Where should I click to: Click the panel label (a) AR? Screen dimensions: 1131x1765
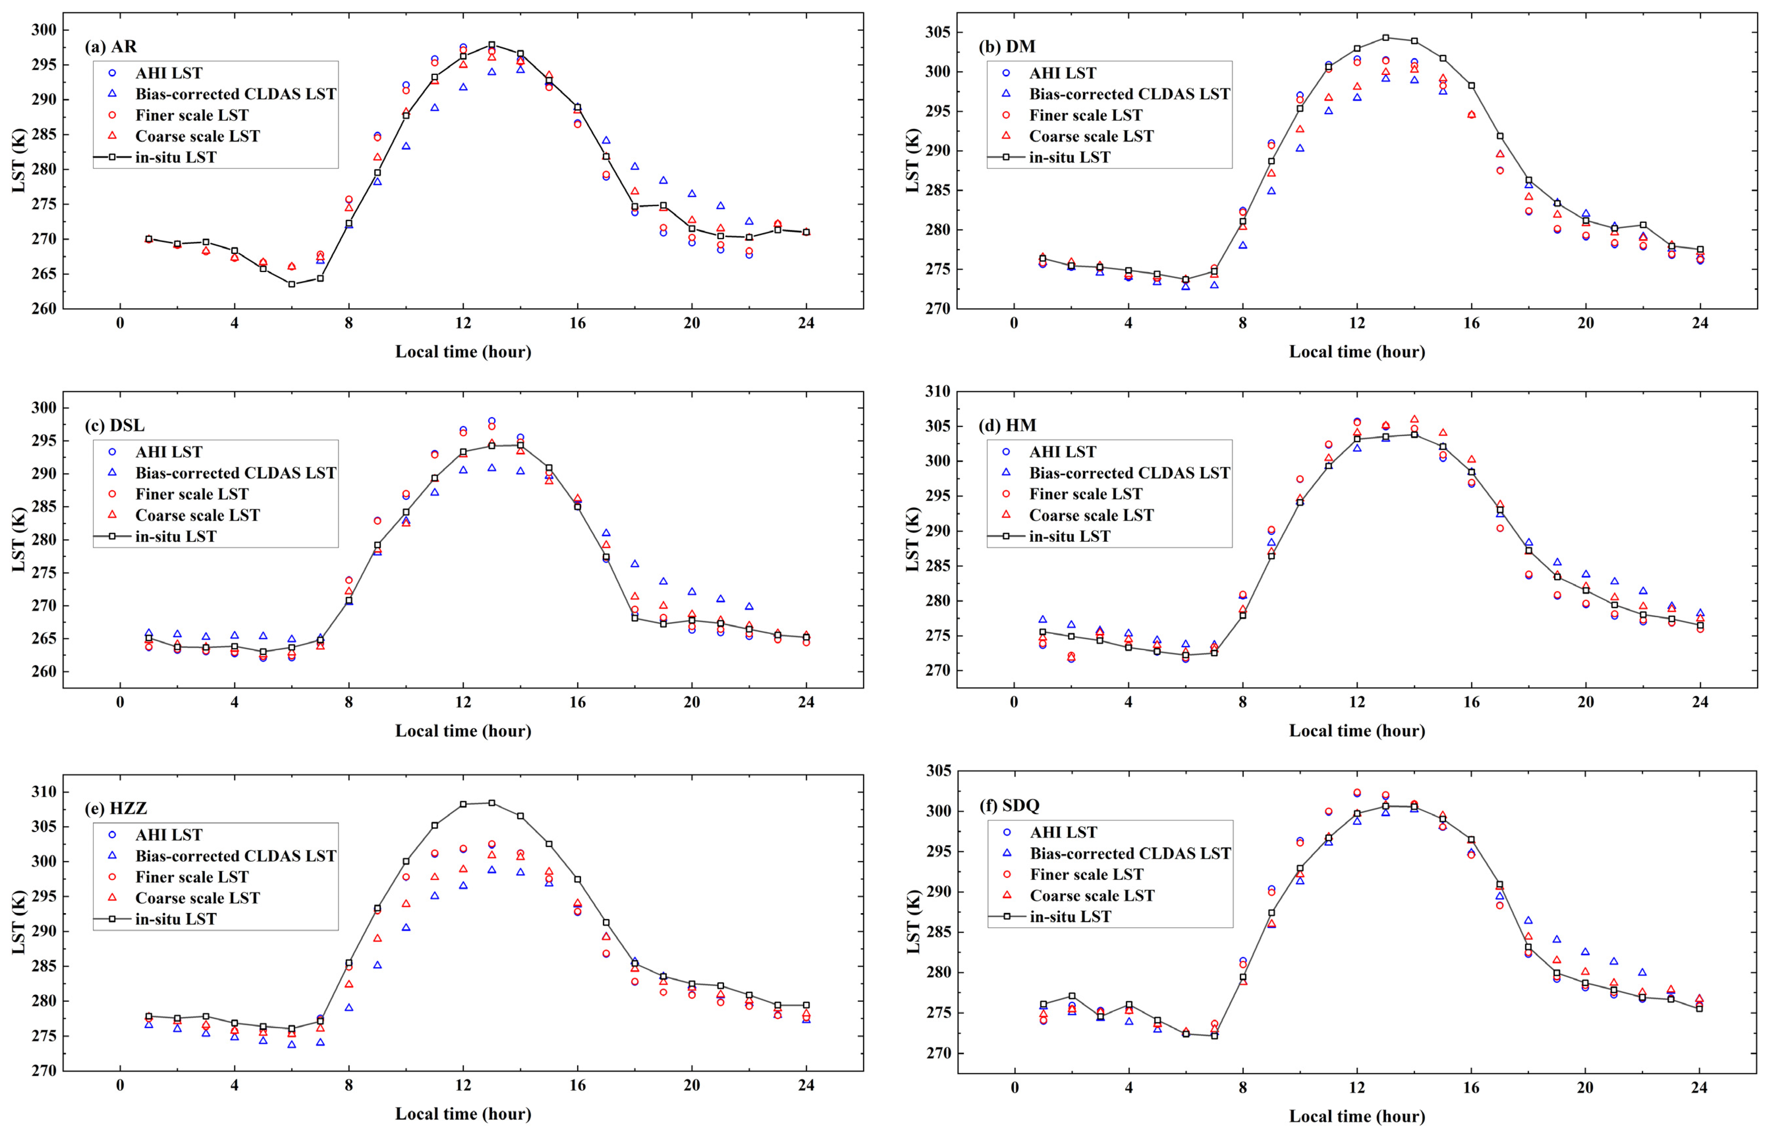click(111, 46)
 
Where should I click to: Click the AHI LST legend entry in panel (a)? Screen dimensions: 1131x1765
click(168, 73)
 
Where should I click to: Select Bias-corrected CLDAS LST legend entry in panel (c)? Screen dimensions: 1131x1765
click(235, 473)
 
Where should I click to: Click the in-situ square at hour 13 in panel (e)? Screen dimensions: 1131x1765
click(492, 803)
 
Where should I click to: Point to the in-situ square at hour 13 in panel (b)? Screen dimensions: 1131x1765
click(1385, 37)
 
